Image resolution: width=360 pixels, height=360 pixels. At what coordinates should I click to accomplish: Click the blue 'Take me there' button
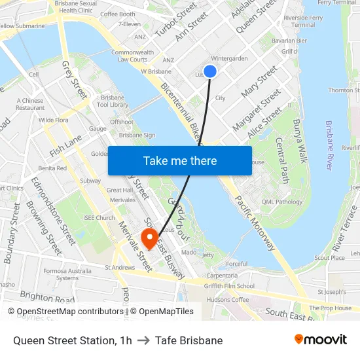click(180, 161)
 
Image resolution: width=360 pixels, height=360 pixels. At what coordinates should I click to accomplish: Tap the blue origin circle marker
click(210, 71)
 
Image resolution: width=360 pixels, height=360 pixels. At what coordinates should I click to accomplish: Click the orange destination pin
click(151, 239)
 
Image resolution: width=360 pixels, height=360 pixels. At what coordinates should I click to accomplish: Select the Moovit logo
click(321, 340)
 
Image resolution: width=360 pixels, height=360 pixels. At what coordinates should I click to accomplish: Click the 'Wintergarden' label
click(229, 58)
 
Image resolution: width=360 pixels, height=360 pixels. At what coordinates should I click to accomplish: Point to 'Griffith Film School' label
click(228, 285)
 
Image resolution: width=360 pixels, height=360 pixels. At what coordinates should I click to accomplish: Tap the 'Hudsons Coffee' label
click(227, 300)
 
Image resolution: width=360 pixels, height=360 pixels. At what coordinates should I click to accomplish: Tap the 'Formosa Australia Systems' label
click(67, 274)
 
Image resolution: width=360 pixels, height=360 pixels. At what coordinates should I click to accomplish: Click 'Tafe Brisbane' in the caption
click(189, 340)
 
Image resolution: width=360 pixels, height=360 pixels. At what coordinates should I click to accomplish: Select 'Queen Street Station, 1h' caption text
click(72, 340)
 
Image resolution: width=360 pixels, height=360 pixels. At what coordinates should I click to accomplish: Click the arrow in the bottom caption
click(143, 340)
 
